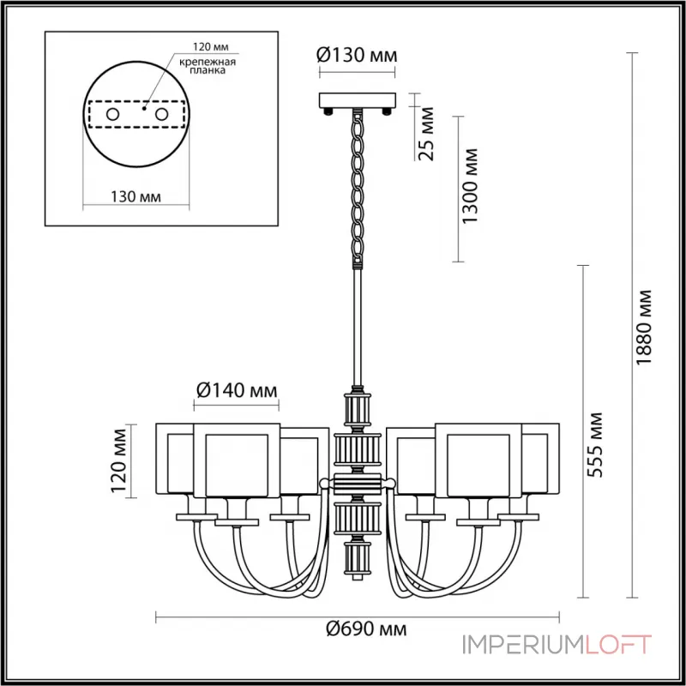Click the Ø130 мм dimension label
[x=357, y=55]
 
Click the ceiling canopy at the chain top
[x=357, y=100]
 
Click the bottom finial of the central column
[x=357, y=562]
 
